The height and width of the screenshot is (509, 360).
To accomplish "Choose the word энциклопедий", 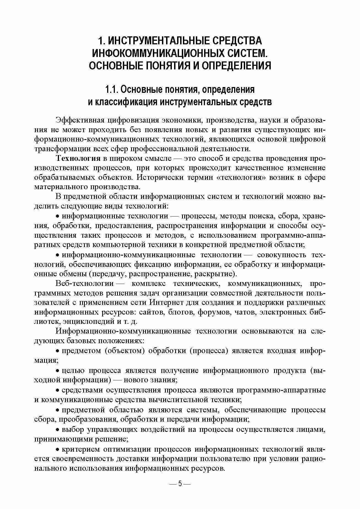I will tap(84, 321).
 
